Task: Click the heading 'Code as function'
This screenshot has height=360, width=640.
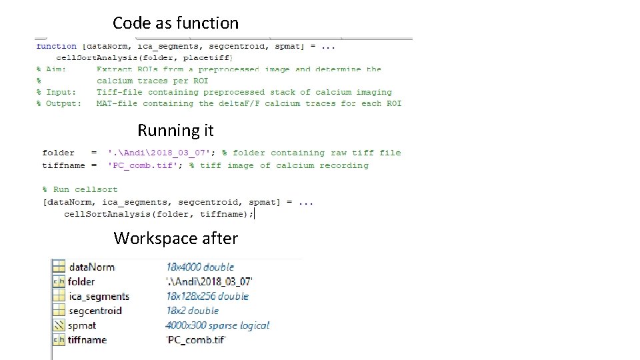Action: (x=175, y=23)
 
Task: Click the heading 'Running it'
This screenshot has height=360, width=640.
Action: (x=175, y=130)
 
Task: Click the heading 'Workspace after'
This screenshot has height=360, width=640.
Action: (x=175, y=238)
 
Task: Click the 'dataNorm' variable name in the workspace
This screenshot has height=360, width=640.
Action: (x=91, y=267)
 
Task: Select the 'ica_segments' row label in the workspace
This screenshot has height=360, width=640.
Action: (x=99, y=296)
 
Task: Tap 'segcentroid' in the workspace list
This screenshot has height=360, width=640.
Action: (x=95, y=311)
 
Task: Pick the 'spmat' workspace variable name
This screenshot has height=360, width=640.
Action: (x=82, y=325)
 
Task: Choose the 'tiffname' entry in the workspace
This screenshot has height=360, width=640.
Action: (x=87, y=340)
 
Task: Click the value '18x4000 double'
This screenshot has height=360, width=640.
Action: (x=200, y=267)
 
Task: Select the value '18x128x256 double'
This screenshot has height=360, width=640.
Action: (x=207, y=296)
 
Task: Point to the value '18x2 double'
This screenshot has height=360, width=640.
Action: (x=192, y=311)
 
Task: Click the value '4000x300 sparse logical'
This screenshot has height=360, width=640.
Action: (x=217, y=325)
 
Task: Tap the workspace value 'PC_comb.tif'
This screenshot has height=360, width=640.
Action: (x=196, y=340)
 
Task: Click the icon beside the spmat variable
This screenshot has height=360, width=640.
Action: (x=58, y=325)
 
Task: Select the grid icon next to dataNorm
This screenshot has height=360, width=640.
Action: (x=58, y=267)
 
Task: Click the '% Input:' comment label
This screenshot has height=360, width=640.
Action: (x=56, y=92)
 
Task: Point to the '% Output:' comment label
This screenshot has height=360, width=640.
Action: (x=59, y=103)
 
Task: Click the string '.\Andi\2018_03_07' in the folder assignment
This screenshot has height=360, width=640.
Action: (x=160, y=153)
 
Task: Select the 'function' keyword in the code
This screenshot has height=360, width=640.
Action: (x=56, y=46)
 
